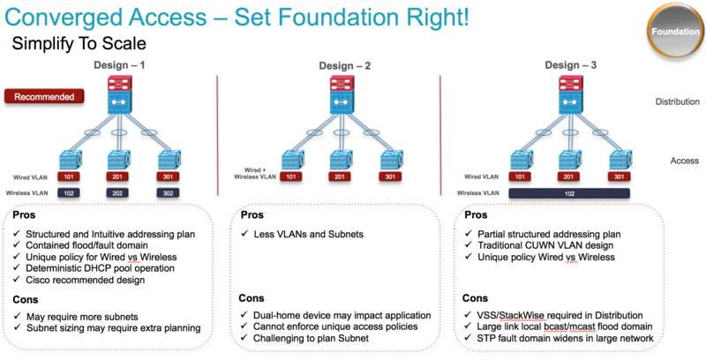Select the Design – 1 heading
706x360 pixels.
point(121,64)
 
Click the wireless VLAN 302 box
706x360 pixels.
point(168,191)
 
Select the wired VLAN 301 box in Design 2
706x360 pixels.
point(387,176)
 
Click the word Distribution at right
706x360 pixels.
point(677,101)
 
